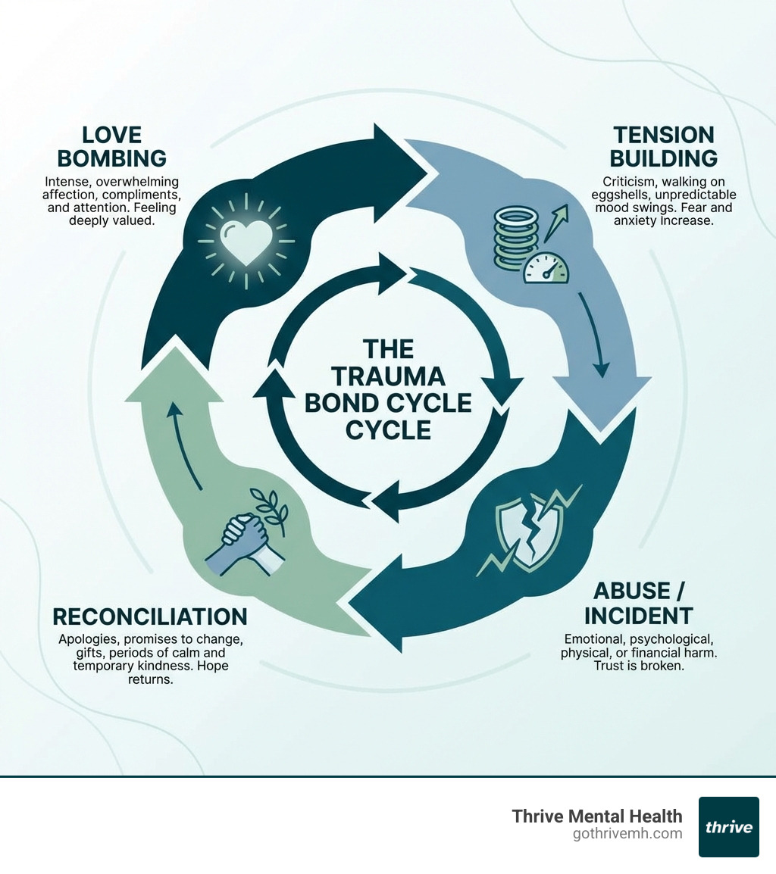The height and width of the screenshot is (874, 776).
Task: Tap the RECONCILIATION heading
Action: tap(149, 616)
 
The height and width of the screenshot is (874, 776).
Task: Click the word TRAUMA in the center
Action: tap(387, 376)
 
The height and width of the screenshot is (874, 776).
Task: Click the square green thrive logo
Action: tap(728, 826)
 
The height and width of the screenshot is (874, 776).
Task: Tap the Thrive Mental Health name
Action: tap(597, 816)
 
